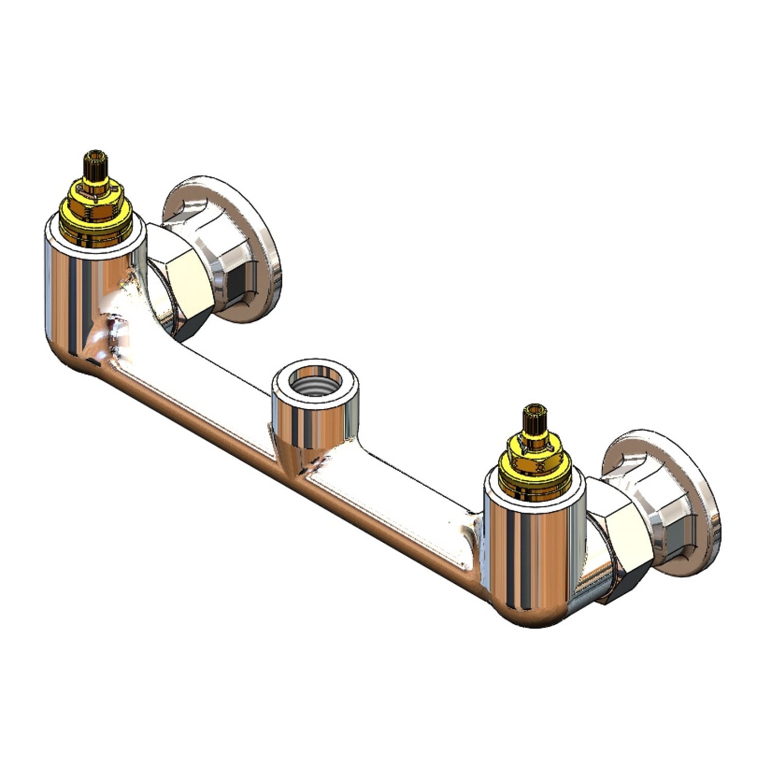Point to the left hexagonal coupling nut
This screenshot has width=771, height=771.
(x=180, y=288)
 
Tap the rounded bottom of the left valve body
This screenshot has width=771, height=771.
(x=87, y=360)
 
